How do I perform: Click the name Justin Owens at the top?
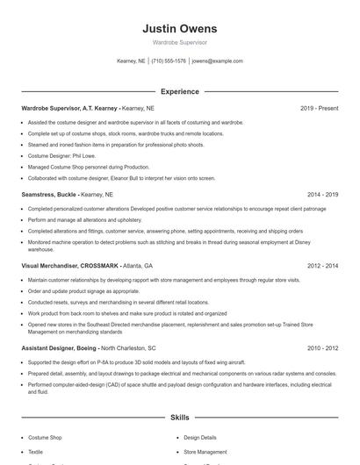click(179, 28)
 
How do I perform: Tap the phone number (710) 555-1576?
click(169, 61)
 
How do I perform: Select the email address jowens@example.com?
click(217, 61)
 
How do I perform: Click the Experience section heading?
click(179, 91)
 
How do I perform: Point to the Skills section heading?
click(179, 419)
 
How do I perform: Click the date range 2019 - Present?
click(319, 108)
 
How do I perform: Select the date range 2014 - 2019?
click(322, 194)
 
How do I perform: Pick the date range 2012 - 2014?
click(322, 265)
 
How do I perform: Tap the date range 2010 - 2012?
click(322, 347)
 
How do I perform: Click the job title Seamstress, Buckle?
click(49, 194)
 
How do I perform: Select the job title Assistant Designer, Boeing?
click(60, 347)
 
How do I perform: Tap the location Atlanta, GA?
click(136, 265)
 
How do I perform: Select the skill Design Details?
click(201, 436)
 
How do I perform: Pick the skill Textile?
click(37, 452)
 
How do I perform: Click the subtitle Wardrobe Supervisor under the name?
click(179, 42)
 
